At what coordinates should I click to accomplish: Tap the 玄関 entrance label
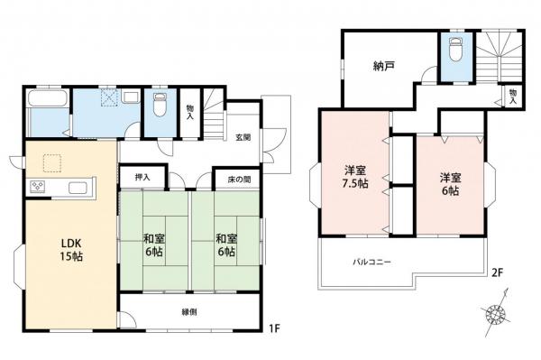pos(243,137)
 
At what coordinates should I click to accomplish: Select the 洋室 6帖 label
pos(449,183)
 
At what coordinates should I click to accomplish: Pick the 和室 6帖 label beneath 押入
pos(153,245)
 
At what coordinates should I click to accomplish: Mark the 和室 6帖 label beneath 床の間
pos(225,245)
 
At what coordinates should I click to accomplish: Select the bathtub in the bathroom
pos(46,110)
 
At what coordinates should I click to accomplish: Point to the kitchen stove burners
pos(39,187)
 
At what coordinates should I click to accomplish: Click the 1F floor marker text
pos(276,329)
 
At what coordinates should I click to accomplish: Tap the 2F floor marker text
pos(496,270)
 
